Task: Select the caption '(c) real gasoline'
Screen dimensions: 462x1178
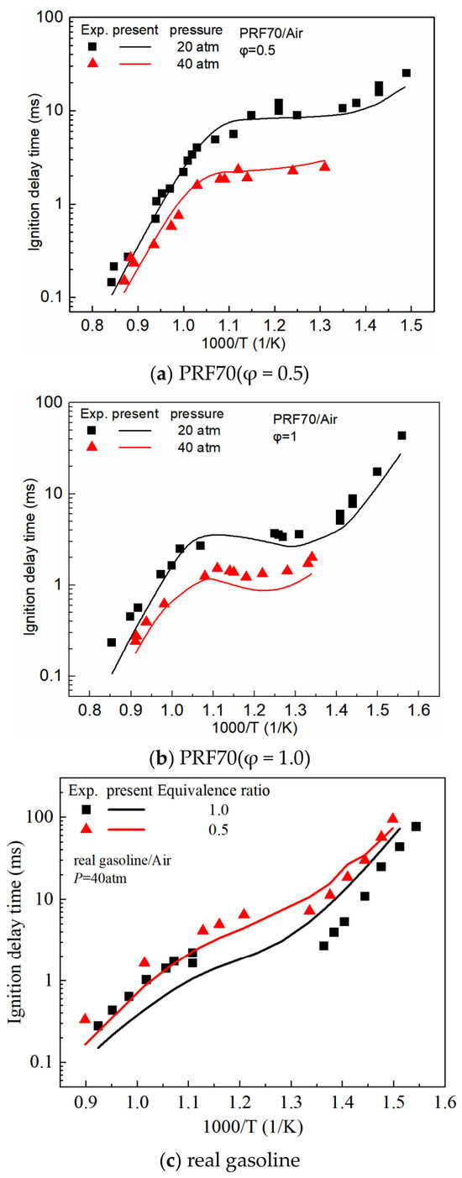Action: [230, 1160]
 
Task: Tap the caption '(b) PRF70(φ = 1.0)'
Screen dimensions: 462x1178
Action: [230, 758]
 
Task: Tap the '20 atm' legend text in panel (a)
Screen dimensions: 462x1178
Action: [198, 47]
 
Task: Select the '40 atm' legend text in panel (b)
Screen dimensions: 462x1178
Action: [199, 448]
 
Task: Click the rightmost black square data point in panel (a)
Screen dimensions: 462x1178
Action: [407, 73]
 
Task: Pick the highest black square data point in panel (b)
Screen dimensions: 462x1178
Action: [402, 436]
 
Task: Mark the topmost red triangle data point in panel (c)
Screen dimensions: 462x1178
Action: [392, 819]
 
